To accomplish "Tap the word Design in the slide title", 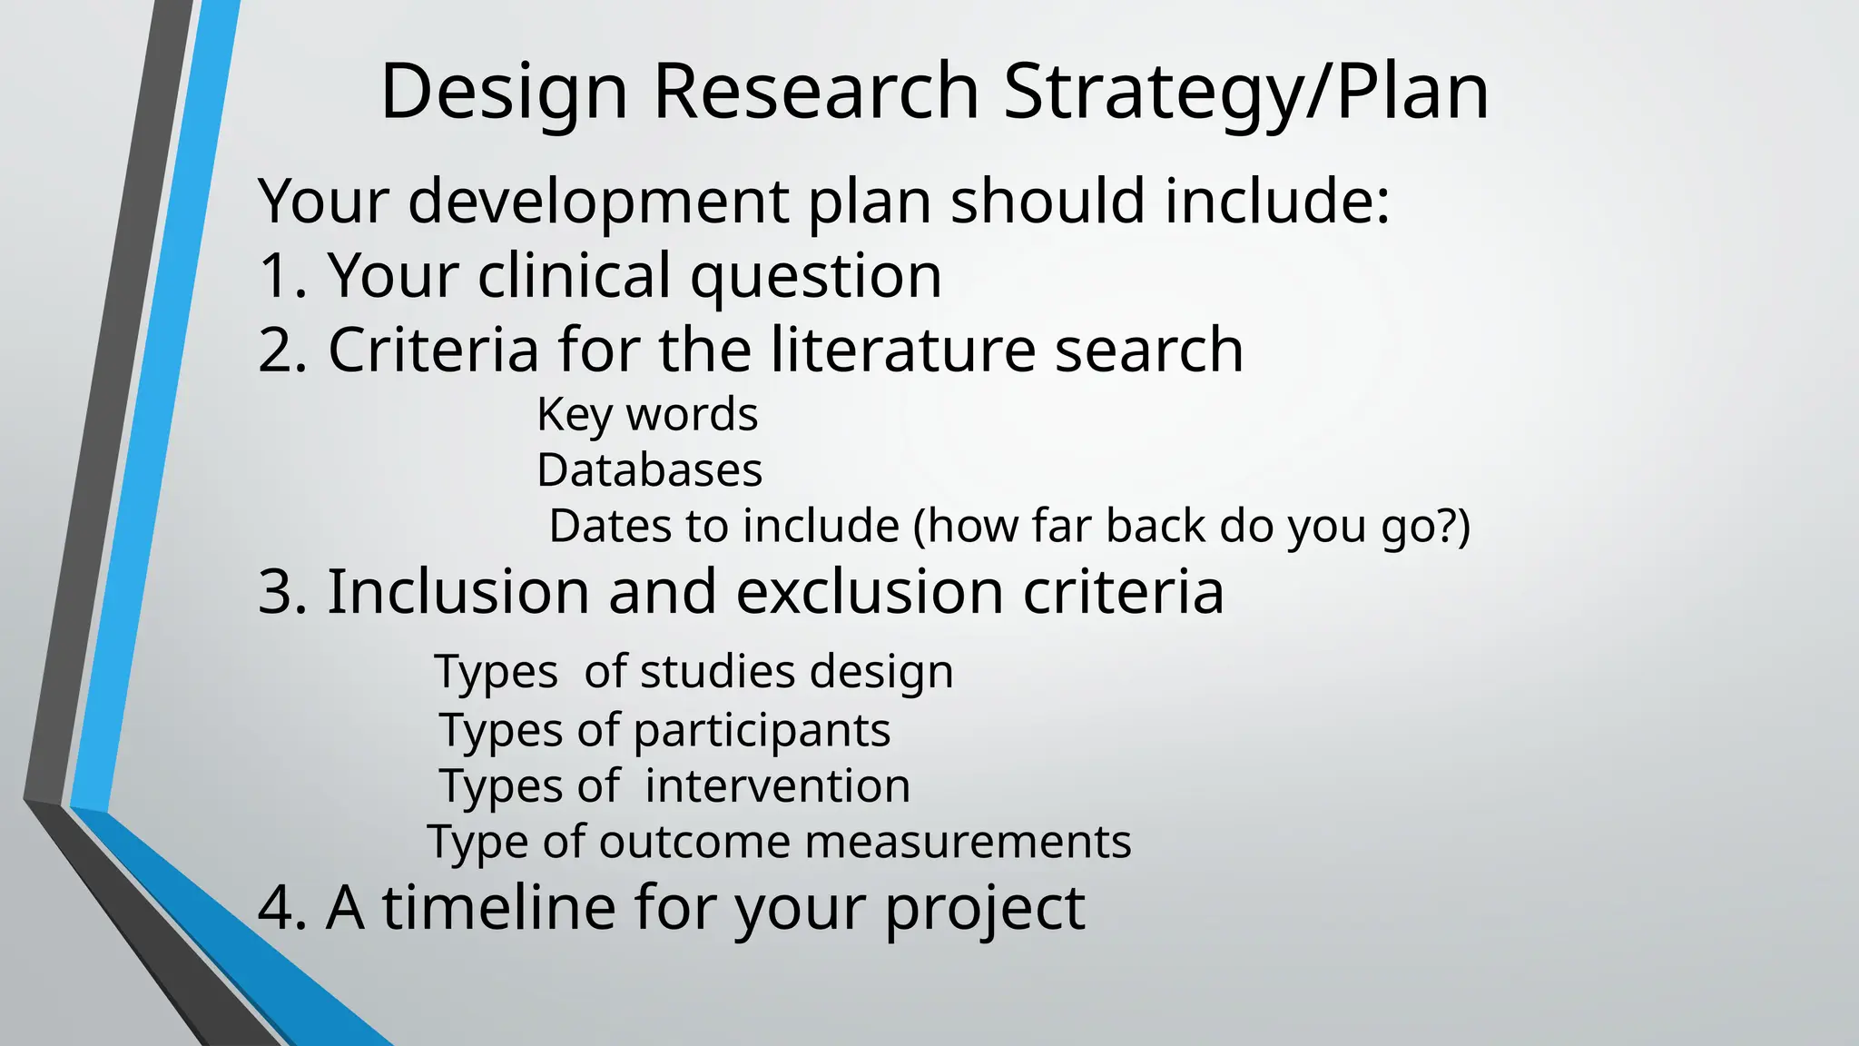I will click(x=504, y=91).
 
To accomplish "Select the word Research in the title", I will click(x=815, y=91).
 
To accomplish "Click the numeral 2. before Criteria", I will click(x=283, y=350).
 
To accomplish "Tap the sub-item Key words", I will click(x=647, y=415).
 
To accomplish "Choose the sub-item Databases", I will click(x=650, y=470).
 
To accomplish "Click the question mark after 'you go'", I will click(x=1447, y=527).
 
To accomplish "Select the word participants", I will click(x=762, y=731).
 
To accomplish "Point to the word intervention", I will click(x=777, y=786).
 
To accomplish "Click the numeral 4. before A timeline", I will click(x=283, y=907).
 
